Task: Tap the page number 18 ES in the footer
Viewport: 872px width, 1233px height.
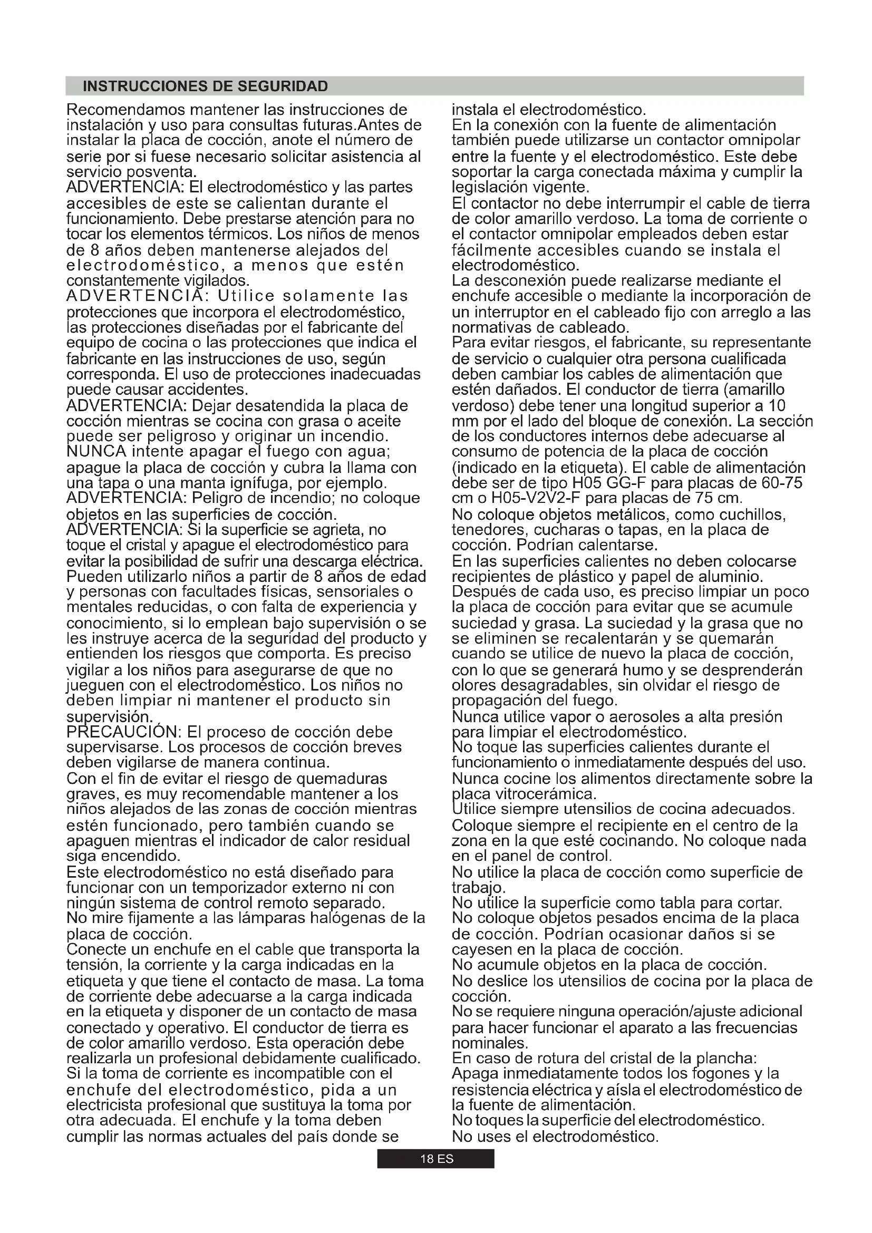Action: (436, 1159)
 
